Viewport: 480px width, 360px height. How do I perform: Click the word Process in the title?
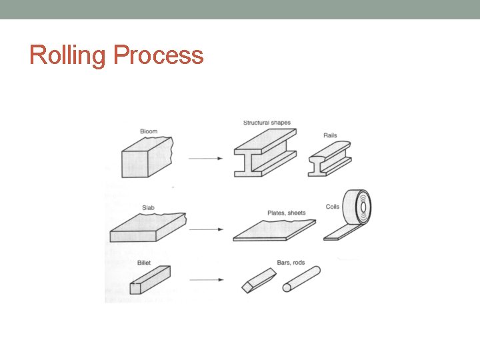[159, 55]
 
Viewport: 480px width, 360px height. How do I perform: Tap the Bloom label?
[149, 131]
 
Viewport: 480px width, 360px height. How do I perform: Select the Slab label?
[148, 207]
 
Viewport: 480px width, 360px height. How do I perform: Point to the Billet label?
[144, 263]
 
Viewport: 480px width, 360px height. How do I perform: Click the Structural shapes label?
[267, 123]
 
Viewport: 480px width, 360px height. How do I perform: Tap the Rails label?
[330, 135]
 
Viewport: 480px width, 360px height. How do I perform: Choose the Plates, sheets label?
[287, 213]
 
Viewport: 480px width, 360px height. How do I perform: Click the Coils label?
[333, 207]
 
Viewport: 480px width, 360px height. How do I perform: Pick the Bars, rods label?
[291, 263]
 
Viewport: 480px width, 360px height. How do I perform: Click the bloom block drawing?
[145, 157]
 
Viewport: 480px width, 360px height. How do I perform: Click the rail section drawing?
[329, 159]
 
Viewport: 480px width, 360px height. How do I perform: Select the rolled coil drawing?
[357, 210]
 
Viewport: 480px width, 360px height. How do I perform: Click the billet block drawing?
[149, 279]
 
